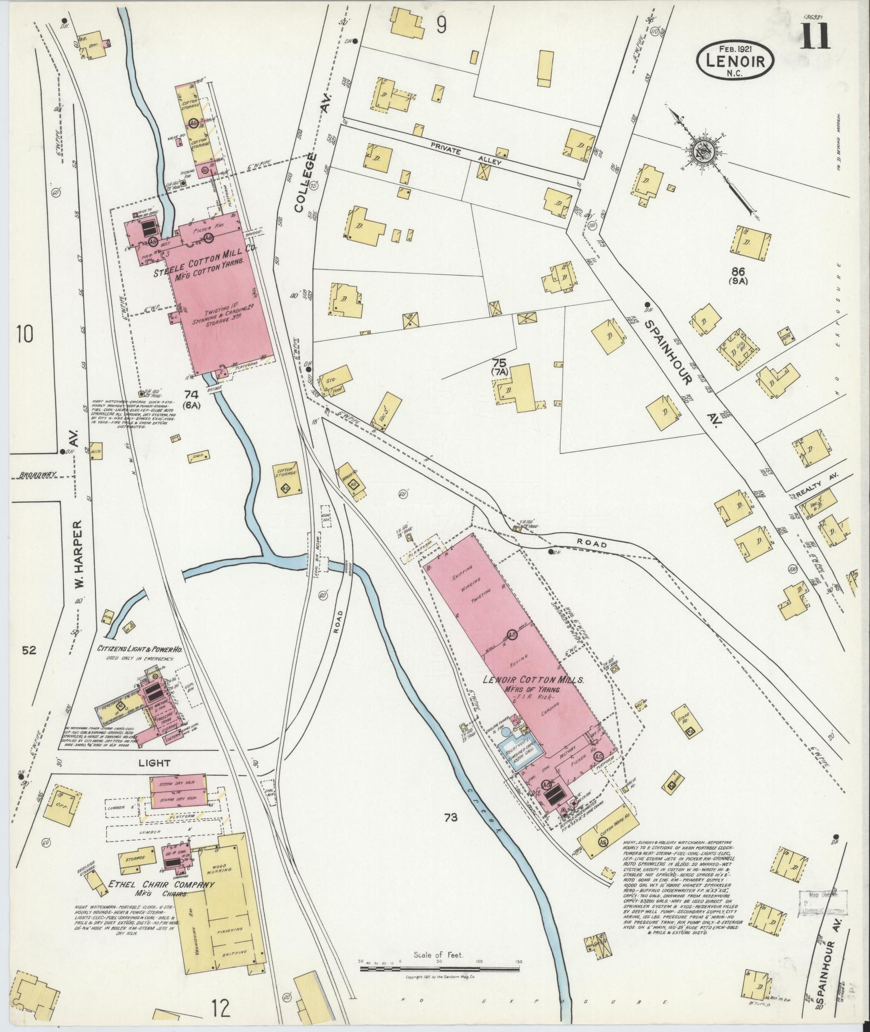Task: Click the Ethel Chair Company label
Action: click(161, 885)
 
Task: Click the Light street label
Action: click(154, 763)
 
